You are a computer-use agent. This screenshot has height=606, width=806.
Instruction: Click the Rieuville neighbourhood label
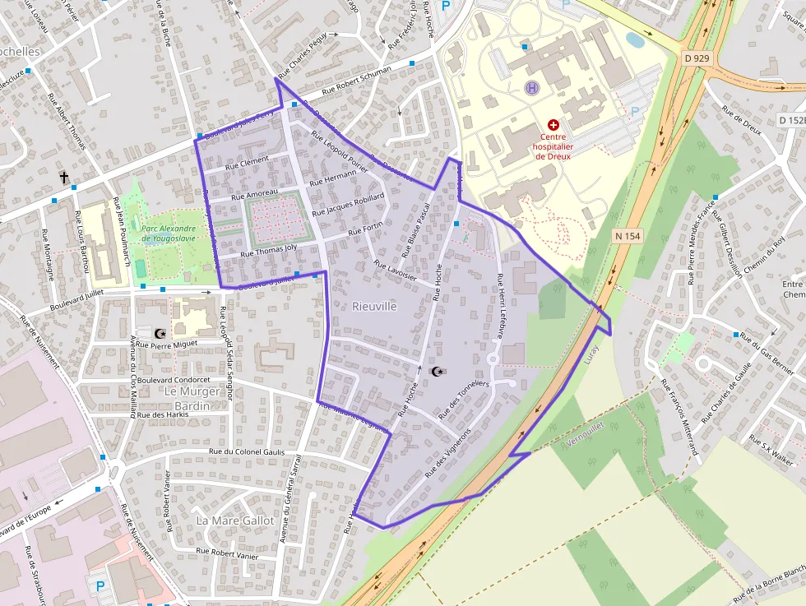[x=374, y=306]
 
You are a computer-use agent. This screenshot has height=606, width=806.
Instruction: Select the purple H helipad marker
[x=532, y=86]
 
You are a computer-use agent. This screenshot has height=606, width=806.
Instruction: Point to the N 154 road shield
[x=628, y=236]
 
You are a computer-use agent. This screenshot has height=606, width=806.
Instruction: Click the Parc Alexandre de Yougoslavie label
[x=169, y=234]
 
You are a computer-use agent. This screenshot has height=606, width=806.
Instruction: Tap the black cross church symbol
[x=63, y=177]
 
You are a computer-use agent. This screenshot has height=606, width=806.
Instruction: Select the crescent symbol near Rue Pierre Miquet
[x=160, y=334]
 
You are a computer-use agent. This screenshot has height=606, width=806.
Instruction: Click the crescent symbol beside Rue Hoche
[x=437, y=372]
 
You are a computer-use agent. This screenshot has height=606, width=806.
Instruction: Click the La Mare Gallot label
[x=235, y=520]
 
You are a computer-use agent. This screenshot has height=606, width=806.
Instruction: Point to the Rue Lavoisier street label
[x=396, y=271]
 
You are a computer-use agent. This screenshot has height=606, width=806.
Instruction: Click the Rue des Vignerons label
[x=447, y=453]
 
